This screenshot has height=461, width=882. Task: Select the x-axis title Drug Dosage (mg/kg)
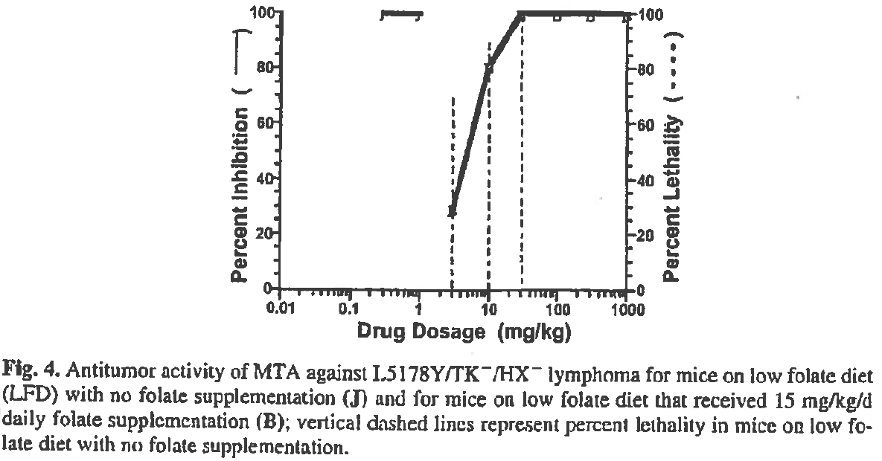[x=464, y=332]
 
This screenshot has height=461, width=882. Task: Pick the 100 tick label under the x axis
[x=557, y=310]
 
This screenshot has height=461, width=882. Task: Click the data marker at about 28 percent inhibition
[x=452, y=213]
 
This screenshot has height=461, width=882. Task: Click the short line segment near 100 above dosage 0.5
[x=401, y=14]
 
